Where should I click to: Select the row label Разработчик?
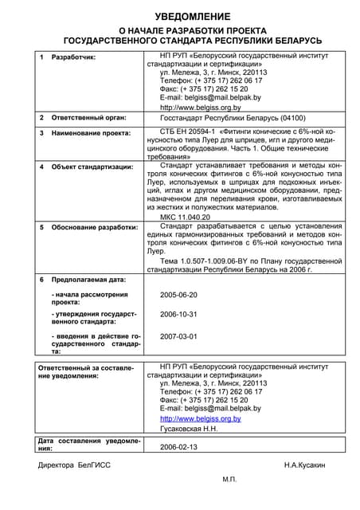[73, 58]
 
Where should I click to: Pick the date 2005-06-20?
[178, 295]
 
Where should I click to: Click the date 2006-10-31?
[178, 315]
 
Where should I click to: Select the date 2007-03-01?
[178, 336]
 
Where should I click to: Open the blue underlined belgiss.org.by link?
[200, 418]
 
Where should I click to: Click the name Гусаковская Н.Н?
[189, 429]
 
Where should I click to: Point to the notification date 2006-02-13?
[178, 447]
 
